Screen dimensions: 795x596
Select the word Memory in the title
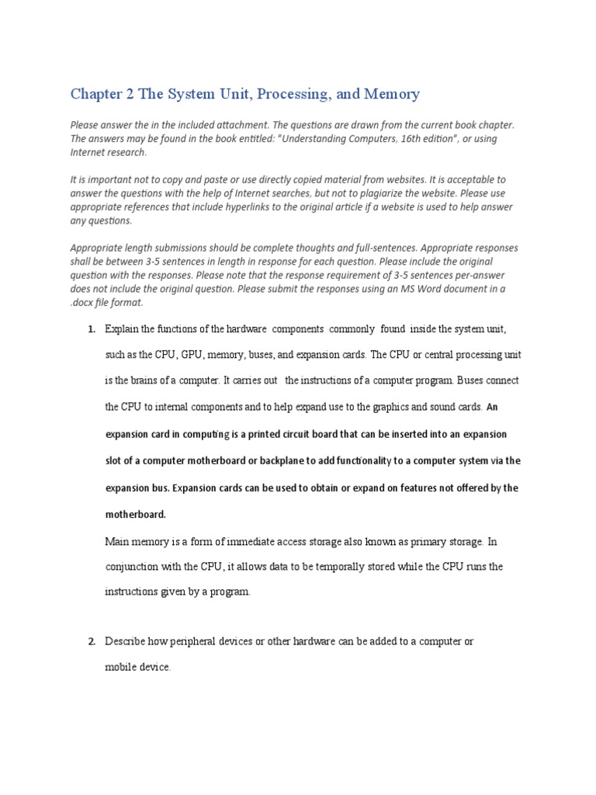click(391, 94)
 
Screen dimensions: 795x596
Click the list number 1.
click(91, 329)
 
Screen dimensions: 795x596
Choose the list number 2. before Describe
click(91, 641)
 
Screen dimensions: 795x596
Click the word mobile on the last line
click(120, 668)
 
